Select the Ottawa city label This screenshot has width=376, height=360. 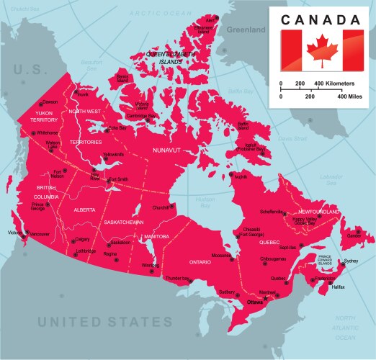point(256,303)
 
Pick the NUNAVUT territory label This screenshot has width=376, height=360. point(166,150)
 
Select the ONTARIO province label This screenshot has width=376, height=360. point(200,262)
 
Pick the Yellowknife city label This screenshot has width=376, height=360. point(114,154)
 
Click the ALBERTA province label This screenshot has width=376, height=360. point(84,210)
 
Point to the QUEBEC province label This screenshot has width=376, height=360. point(269,243)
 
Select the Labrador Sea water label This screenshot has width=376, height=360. point(331,179)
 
